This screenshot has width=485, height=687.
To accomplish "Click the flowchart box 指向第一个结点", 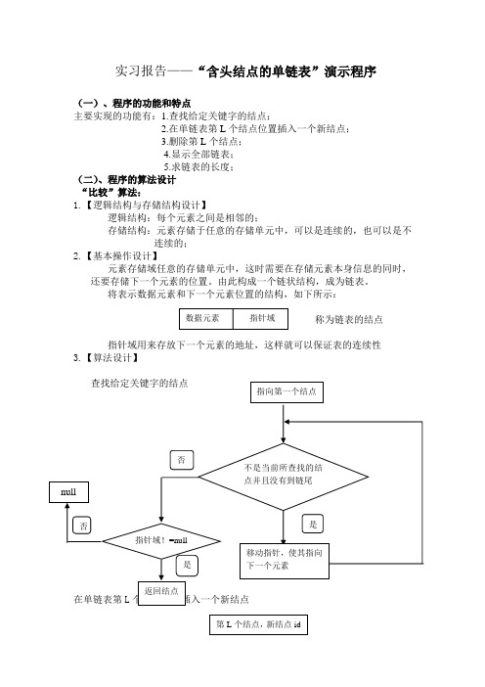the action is [287, 391].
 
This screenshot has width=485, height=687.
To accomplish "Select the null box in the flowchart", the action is [68, 492].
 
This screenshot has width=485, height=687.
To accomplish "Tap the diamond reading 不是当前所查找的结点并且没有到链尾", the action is [284, 477].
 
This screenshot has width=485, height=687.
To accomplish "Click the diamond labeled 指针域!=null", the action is [161, 541].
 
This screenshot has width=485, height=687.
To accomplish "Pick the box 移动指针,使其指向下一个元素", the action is [285, 561].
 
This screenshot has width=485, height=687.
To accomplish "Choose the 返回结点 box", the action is [161, 593].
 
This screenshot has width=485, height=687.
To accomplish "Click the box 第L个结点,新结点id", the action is [258, 624].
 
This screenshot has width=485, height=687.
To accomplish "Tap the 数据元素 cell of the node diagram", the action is [206, 318].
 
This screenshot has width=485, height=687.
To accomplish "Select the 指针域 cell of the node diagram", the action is [260, 318].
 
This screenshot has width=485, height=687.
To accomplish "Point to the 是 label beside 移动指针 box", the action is [313, 524].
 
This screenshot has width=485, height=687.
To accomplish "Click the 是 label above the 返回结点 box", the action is [187, 566].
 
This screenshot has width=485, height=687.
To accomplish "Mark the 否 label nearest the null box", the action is [82, 526].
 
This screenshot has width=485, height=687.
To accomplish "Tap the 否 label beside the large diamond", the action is [181, 460].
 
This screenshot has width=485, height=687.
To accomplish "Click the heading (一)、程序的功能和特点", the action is [134, 104].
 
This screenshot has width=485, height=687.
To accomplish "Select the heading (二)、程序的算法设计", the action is [126, 180].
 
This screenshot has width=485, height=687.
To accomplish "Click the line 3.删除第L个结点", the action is [201, 142].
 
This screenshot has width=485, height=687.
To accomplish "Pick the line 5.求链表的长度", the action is [198, 167].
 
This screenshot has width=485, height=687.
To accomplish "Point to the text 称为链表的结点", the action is [349, 319].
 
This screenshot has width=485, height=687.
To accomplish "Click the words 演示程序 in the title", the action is [351, 71].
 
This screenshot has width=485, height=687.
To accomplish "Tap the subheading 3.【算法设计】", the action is [107, 357].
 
